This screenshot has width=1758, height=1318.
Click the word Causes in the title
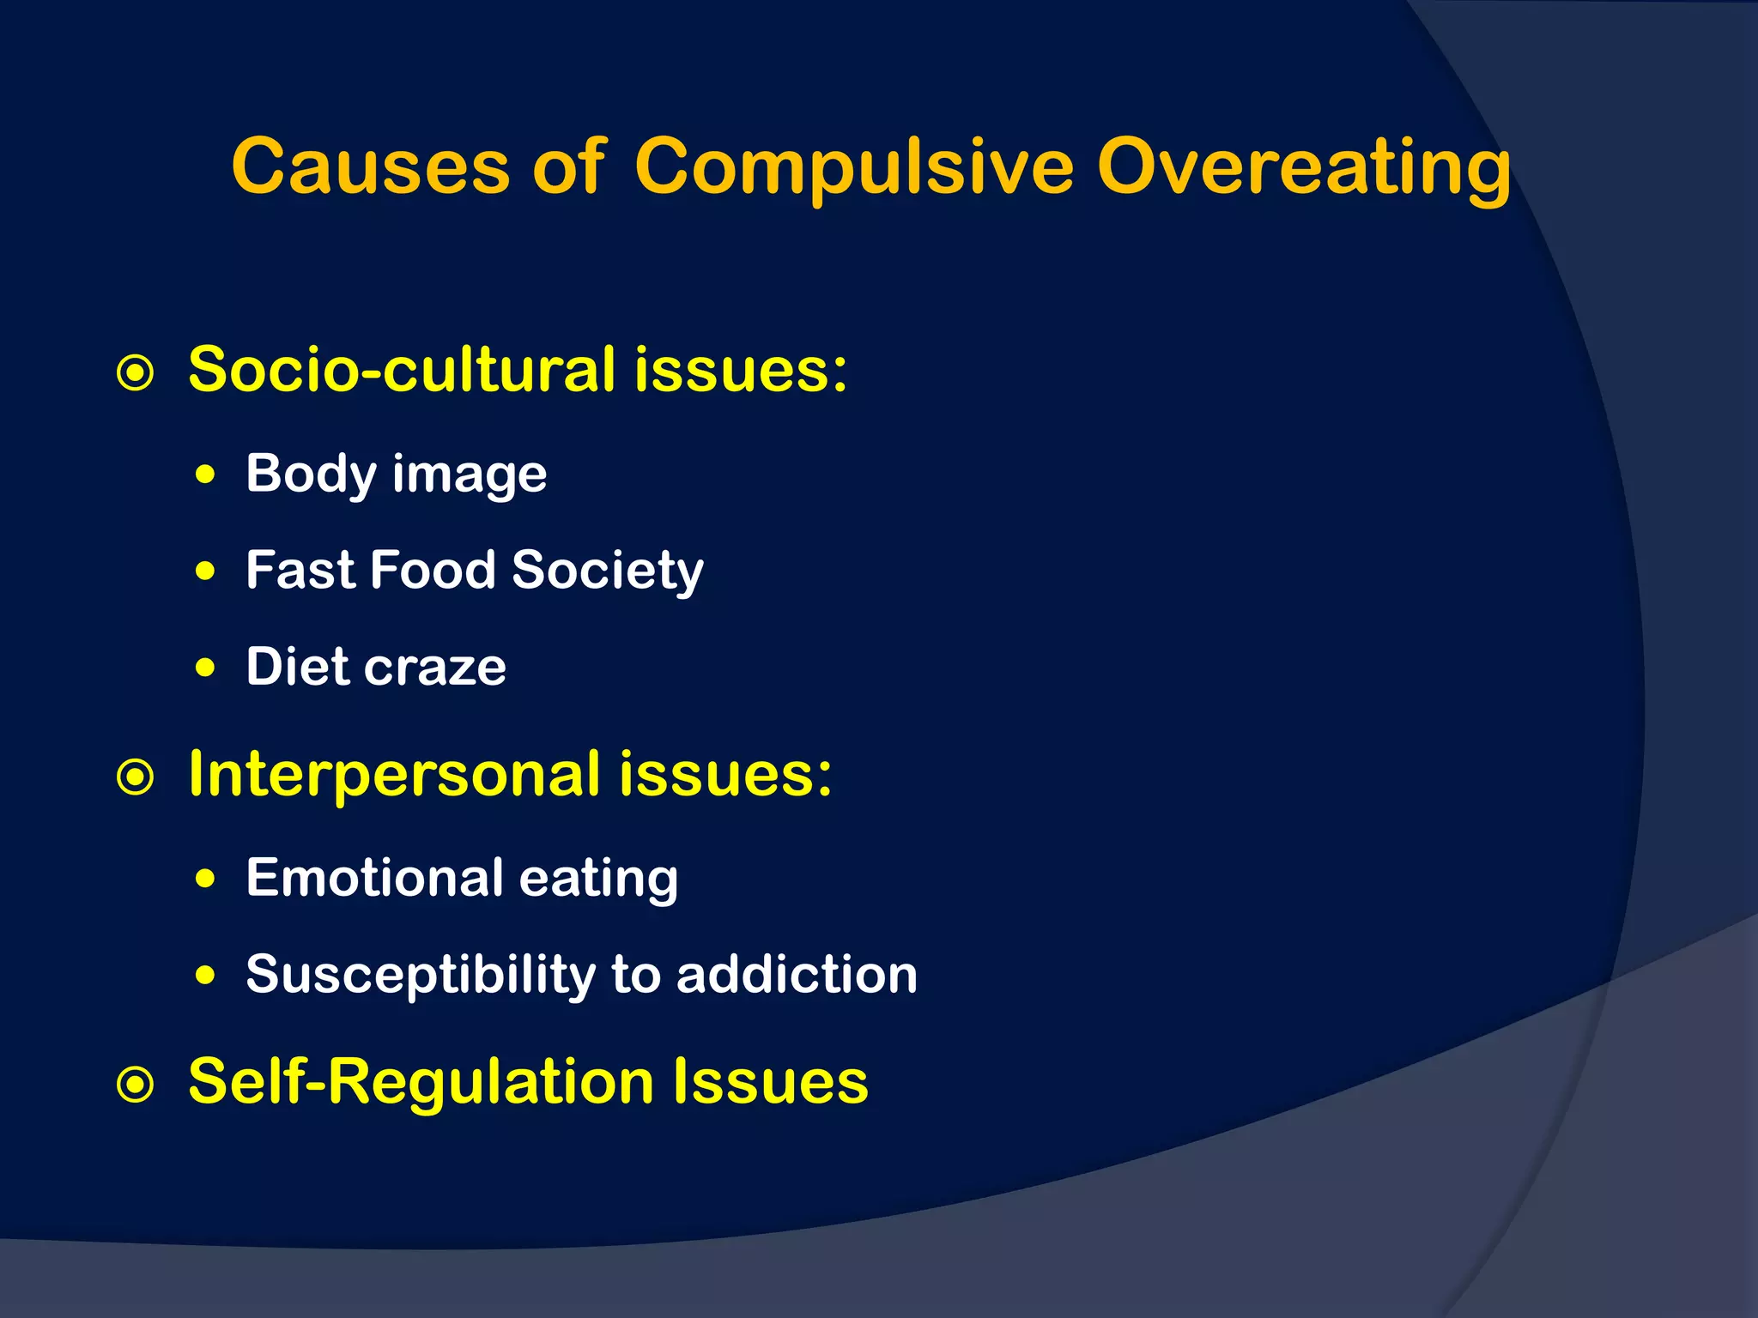pyautogui.click(x=371, y=166)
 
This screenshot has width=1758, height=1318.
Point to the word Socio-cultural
pyautogui.click(x=402, y=370)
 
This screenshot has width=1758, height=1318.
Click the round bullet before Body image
pyautogui.click(x=205, y=475)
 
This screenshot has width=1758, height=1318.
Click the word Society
pyautogui.click(x=607, y=571)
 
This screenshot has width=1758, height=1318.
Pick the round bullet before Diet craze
pyautogui.click(x=205, y=668)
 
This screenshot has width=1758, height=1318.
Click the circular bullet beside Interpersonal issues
pyautogui.click(x=136, y=778)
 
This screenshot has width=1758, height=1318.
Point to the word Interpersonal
pyautogui.click(x=394, y=774)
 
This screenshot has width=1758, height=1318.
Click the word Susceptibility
pyautogui.click(x=421, y=976)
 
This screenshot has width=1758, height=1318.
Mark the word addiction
pyautogui.click(x=797, y=975)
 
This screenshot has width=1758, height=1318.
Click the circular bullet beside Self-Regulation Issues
pyautogui.click(x=136, y=1085)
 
